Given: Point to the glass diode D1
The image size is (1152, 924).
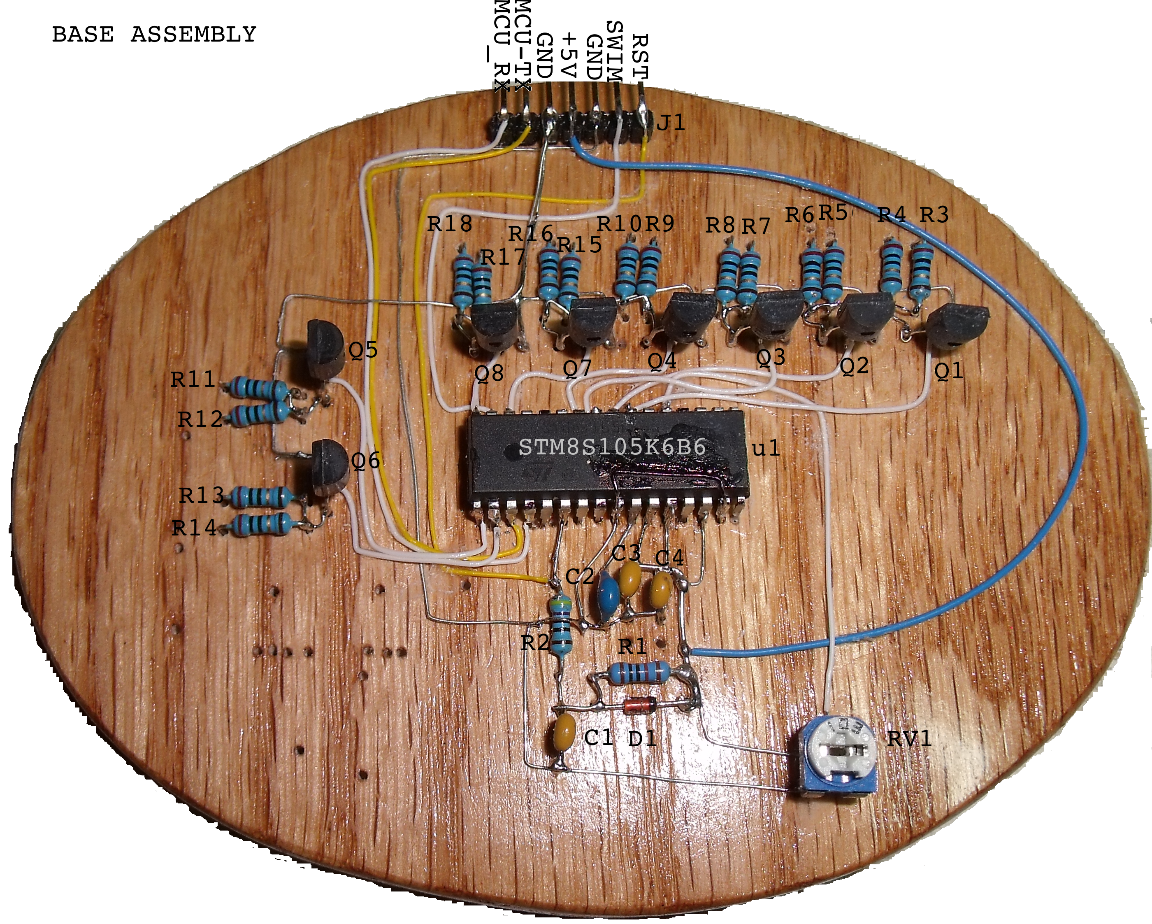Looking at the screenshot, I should [641, 706].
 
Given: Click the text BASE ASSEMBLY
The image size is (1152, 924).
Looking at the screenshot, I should [154, 35].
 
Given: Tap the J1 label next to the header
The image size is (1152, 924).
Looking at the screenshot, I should [671, 123].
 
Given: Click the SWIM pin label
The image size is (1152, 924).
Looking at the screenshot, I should [615, 51].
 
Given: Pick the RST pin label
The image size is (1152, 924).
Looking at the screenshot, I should [640, 56].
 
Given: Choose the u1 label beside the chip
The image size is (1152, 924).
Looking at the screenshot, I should [766, 448].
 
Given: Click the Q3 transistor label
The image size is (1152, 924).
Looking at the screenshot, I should [771, 356].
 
